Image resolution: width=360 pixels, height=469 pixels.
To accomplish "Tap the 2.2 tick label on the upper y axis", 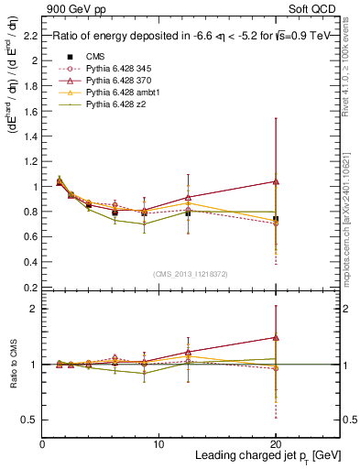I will pyautogui.click(x=30, y=36).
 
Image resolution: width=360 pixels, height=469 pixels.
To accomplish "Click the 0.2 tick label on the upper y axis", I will pyautogui.click(x=30, y=287).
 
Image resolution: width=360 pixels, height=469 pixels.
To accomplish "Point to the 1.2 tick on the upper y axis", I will pyautogui.click(x=30, y=161).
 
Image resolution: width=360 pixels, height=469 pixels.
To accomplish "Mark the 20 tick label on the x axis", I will pyautogui.click(x=275, y=443).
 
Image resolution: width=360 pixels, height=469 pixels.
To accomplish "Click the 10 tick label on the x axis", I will pyautogui.click(x=158, y=443).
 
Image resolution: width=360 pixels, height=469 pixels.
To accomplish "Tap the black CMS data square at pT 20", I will pyautogui.click(x=276, y=219).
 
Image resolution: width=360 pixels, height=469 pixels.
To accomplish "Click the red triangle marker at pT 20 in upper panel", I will pyautogui.click(x=276, y=181).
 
